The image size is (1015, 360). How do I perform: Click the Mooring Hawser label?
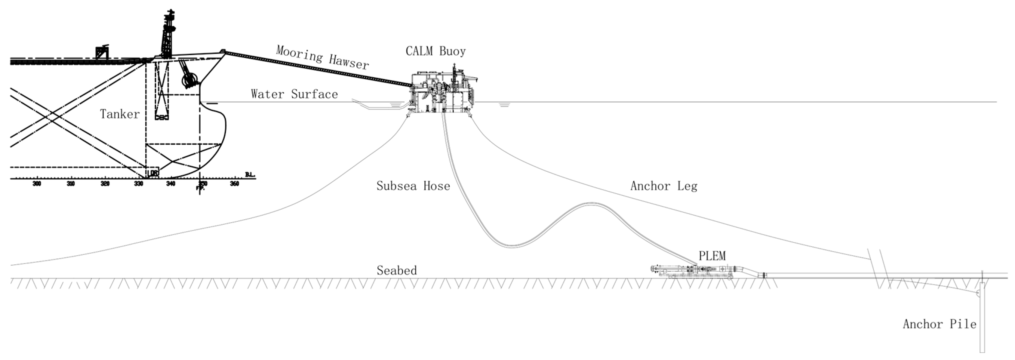tap(322, 57)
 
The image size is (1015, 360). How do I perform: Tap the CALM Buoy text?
tap(435, 51)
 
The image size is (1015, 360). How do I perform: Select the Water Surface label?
tap(294, 94)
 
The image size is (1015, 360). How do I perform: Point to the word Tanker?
tap(120, 114)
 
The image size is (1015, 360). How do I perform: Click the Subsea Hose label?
tap(413, 186)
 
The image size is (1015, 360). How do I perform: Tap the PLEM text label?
tap(712, 256)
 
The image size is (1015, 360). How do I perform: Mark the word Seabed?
tap(396, 271)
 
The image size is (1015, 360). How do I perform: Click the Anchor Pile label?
tap(939, 324)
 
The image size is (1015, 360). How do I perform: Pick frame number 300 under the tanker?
tap(37, 183)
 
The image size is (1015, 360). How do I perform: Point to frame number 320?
tap(105, 183)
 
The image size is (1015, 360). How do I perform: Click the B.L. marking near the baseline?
tap(250, 174)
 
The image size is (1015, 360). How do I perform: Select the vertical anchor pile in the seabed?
tap(982, 315)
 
